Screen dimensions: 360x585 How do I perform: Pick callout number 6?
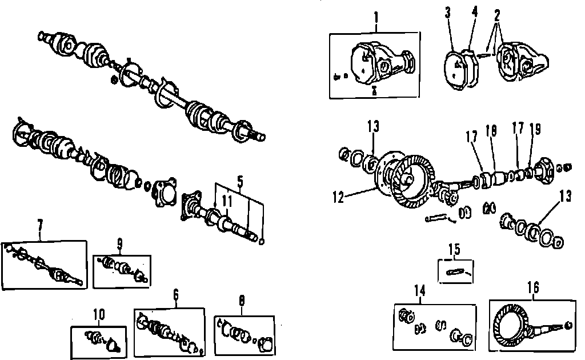click(x=176, y=295)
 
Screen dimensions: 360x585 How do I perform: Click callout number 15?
click(x=455, y=249)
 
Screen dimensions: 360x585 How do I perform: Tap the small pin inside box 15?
click(x=455, y=272)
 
